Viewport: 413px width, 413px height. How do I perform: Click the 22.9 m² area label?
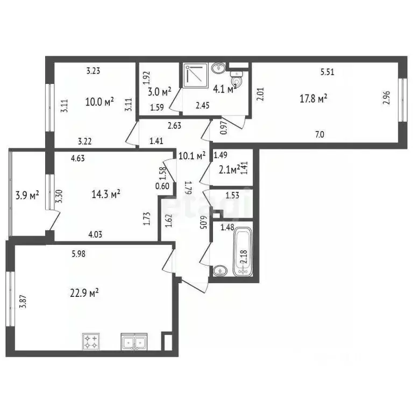point(86,293)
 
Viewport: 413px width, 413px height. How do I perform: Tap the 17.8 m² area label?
point(314,98)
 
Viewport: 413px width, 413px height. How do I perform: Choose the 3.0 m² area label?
point(159,91)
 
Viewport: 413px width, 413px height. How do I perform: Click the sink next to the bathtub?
point(219,270)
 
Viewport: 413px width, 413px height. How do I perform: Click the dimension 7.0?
point(320,135)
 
